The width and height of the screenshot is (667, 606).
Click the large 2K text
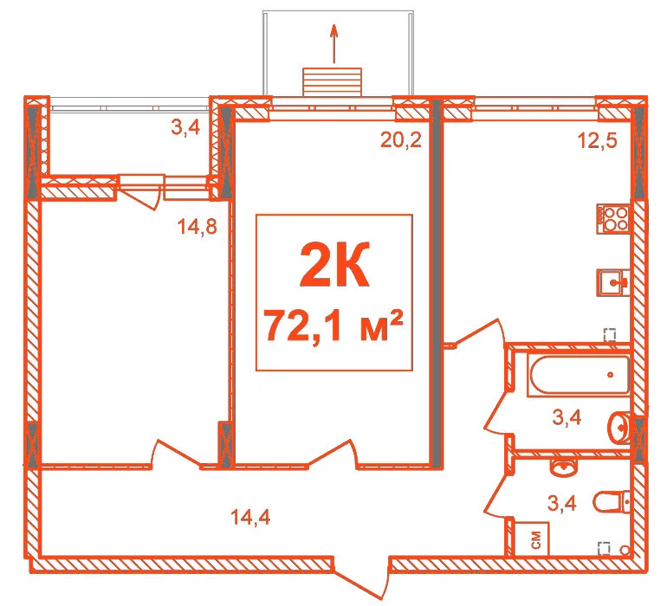[334, 264]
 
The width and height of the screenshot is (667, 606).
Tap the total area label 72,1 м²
[333, 326]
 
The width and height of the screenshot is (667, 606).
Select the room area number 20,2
[401, 139]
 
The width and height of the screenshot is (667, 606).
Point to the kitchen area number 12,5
[597, 140]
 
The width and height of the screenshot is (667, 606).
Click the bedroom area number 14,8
[198, 227]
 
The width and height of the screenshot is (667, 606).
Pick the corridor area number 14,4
[250, 518]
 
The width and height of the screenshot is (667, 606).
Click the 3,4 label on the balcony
[185, 127]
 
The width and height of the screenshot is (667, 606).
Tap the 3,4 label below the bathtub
[567, 417]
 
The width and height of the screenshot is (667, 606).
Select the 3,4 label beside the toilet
[561, 503]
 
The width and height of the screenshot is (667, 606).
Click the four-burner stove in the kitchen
[612, 218]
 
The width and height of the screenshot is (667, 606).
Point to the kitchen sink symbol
[612, 282]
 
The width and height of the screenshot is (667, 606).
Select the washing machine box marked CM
[532, 539]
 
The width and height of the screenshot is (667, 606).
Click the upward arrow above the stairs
[334, 43]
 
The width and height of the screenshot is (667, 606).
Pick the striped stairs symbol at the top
[333, 82]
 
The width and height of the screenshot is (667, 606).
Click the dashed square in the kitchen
[610, 335]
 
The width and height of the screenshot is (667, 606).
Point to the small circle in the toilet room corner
[625, 551]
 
